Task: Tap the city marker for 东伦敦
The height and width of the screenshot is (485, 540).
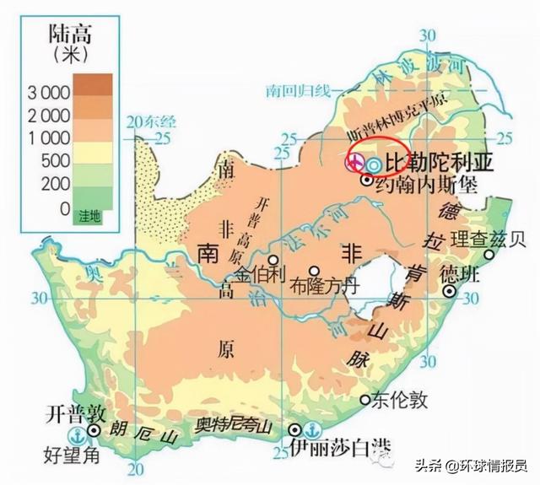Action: (364, 399)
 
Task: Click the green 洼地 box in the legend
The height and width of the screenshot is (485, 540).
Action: (89, 216)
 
